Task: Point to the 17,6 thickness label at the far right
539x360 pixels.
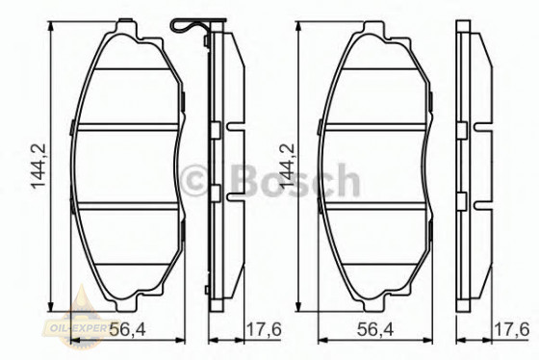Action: (x=512, y=330)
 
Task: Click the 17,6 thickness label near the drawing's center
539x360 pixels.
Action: (x=263, y=330)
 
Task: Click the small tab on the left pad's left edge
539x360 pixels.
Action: (x=74, y=124)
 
